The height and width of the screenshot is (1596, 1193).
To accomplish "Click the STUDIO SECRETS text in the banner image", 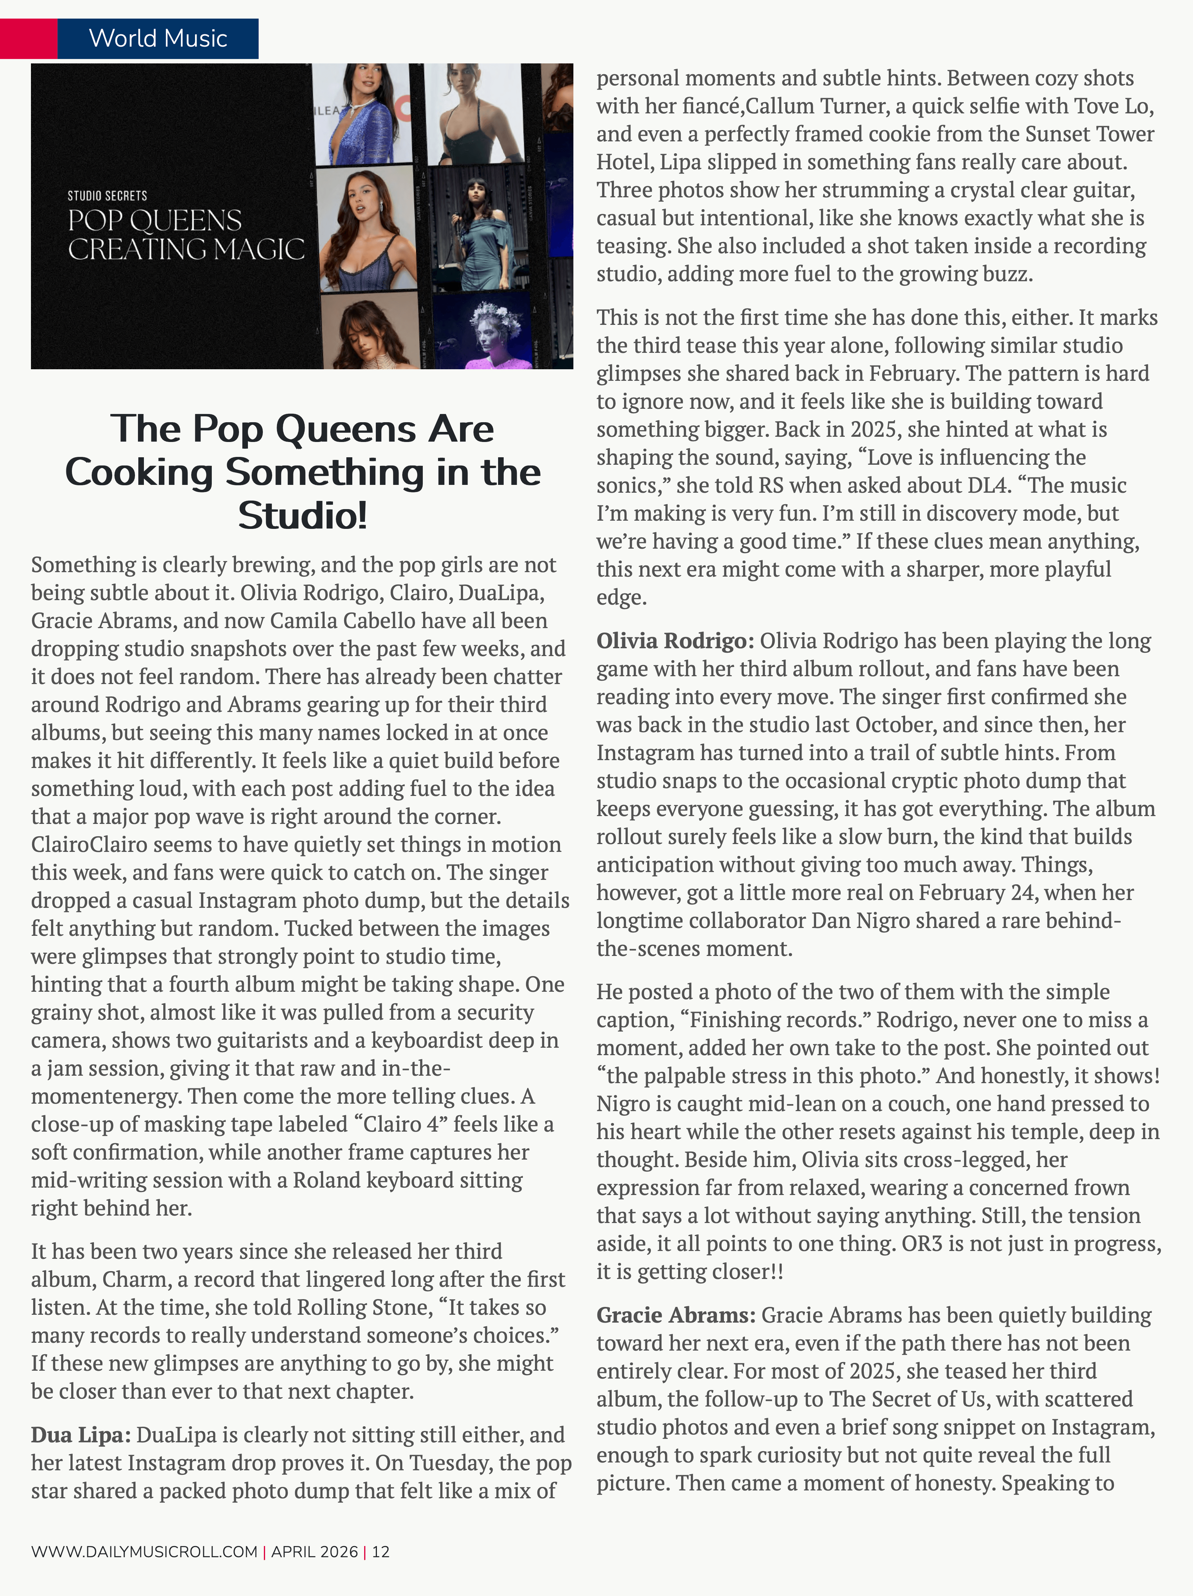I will click(107, 195).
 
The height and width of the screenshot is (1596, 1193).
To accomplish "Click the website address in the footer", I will click(144, 1551).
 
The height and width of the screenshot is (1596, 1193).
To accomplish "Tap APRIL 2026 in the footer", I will click(315, 1551).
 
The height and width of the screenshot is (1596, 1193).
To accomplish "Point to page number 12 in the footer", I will click(381, 1551).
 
